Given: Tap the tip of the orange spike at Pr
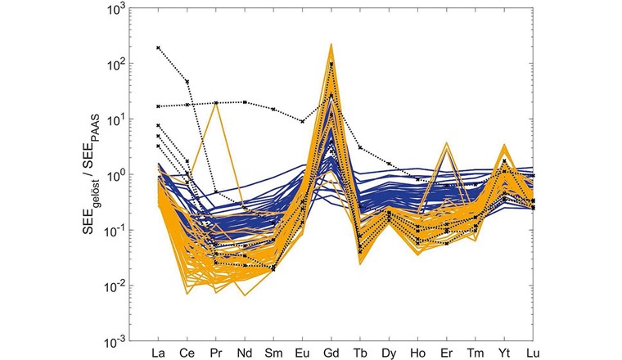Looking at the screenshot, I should click(215, 102).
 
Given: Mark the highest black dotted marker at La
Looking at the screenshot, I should click(158, 48).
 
